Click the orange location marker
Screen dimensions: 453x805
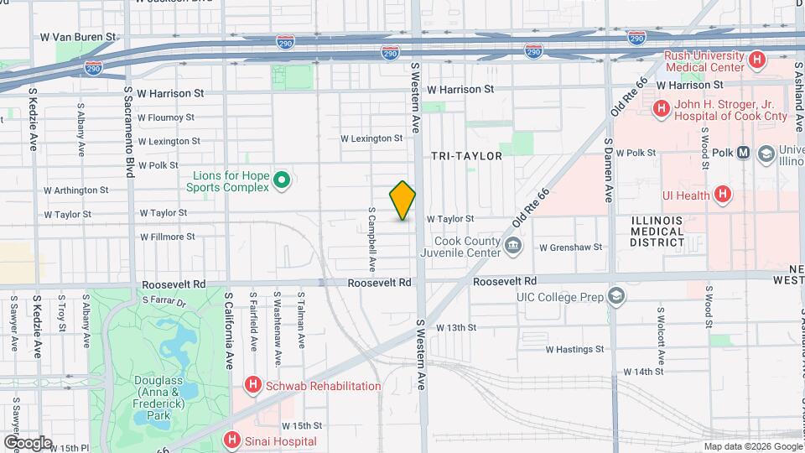click(402, 200)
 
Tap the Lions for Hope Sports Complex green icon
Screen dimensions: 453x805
click(283, 179)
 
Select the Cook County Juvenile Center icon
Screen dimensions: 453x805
click(513, 244)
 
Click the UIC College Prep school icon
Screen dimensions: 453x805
click(618, 295)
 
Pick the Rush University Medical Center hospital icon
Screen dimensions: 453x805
click(757, 60)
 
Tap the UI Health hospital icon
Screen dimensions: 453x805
click(722, 195)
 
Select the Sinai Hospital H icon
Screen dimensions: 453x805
click(231, 440)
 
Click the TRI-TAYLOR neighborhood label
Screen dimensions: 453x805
click(466, 156)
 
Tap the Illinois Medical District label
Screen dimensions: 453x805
click(657, 231)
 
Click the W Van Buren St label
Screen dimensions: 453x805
click(78, 38)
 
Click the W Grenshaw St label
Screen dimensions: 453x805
click(571, 247)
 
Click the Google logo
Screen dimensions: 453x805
click(28, 443)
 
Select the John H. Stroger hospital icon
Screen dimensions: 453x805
click(662, 108)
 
